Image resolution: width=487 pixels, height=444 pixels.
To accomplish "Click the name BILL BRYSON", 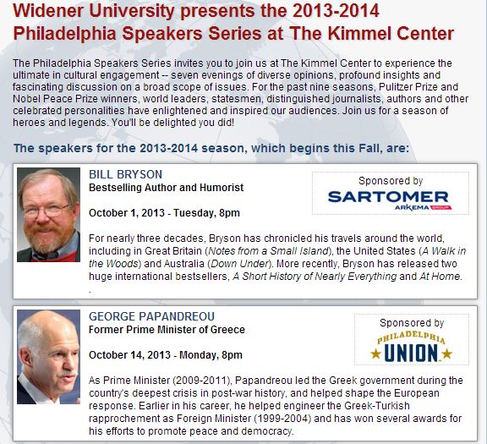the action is tap(125, 174).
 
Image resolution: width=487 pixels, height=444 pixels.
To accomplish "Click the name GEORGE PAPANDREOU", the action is tap(151, 316).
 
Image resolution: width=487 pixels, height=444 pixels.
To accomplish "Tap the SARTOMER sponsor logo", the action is tap(388, 197).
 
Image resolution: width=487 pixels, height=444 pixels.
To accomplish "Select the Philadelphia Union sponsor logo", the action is tap(412, 347).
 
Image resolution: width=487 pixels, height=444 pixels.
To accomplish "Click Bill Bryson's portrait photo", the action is tap(48, 215).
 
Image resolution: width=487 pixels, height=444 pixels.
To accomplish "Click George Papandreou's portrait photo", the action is tap(48, 357).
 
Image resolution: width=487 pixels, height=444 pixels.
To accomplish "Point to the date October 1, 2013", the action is tap(127, 213).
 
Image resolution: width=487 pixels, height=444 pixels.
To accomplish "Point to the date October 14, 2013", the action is tap(129, 355).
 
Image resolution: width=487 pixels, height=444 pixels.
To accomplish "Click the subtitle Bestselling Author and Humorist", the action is tap(167, 188).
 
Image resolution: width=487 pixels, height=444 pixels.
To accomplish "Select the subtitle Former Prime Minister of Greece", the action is tap(167, 330).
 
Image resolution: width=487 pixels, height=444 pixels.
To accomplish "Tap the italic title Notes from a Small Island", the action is tap(268, 250).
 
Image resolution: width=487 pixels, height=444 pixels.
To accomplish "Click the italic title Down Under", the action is tap(239, 264).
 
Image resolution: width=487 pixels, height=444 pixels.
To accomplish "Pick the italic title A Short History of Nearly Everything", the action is tap(315, 277).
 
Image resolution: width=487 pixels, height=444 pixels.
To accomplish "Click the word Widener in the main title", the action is tap(49, 11).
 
